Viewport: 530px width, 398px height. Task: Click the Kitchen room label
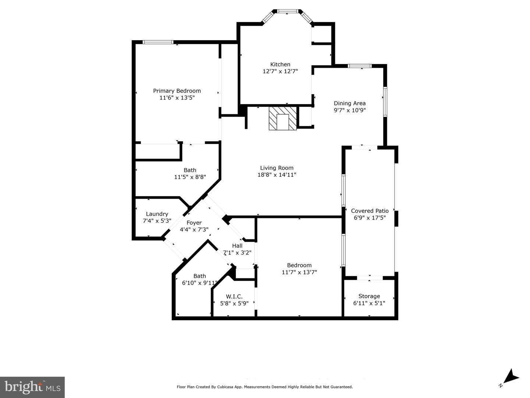pyautogui.click(x=280, y=64)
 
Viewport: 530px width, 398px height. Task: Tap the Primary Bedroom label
pyautogui.click(x=177, y=91)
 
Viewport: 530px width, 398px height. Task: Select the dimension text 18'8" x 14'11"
pyautogui.click(x=277, y=175)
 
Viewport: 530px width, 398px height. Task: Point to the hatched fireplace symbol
pyautogui.click(x=283, y=118)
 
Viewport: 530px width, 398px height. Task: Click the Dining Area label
pyautogui.click(x=350, y=103)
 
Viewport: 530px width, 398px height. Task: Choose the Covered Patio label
pyautogui.click(x=370, y=211)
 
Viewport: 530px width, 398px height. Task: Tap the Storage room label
pyautogui.click(x=369, y=296)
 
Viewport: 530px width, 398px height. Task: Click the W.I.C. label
pyautogui.click(x=234, y=296)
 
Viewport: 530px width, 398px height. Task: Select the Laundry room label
pyautogui.click(x=157, y=214)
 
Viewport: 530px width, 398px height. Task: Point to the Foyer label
pyautogui.click(x=194, y=223)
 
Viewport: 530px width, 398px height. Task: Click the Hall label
pyautogui.click(x=237, y=246)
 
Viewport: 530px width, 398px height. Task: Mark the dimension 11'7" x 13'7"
pyautogui.click(x=299, y=272)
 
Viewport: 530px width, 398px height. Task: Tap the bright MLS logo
pyautogui.click(x=32, y=387)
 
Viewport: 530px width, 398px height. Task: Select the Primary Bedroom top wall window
pyautogui.click(x=158, y=42)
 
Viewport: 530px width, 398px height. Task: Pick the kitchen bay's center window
pyautogui.click(x=287, y=11)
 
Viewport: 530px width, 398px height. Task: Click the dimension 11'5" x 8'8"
pyautogui.click(x=190, y=177)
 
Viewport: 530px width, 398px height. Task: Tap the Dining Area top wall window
pyautogui.click(x=360, y=66)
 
